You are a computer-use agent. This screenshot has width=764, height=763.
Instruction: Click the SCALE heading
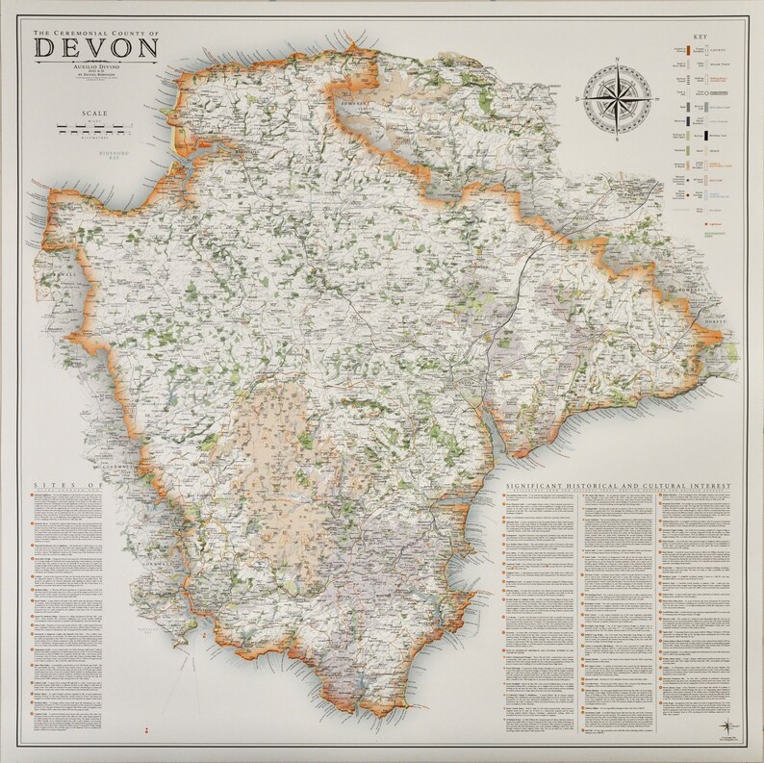tap(94, 114)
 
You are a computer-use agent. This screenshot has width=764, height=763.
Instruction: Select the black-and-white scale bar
tap(94, 128)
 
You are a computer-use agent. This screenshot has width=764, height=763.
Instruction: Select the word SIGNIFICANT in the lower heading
tap(543, 488)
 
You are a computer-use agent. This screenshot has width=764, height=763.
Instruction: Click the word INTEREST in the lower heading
tap(707, 488)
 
